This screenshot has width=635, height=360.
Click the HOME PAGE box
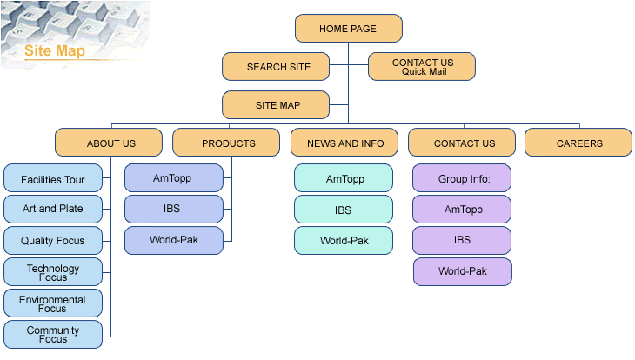point(348,29)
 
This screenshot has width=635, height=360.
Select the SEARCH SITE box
point(277,67)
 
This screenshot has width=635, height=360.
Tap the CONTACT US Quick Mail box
point(422,67)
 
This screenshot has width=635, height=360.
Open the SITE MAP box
point(277,105)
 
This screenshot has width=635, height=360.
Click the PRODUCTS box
point(228,143)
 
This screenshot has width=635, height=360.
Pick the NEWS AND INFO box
point(344,143)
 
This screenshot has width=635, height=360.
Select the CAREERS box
point(578,143)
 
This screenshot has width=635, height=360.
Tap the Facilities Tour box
point(53,180)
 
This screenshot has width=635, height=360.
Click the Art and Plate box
point(53,210)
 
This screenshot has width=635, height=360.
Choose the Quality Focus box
point(53,241)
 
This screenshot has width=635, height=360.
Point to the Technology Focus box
point(53,272)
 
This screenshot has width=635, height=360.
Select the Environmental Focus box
point(53,303)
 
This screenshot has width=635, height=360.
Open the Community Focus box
point(53,334)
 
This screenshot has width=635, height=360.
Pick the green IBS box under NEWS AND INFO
point(344,210)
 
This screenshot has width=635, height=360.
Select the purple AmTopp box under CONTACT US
point(462,210)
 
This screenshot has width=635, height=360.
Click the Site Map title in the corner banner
point(55,50)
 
